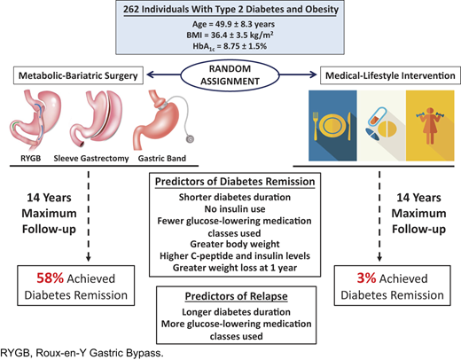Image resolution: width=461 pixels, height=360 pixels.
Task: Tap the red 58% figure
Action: click(x=50, y=278)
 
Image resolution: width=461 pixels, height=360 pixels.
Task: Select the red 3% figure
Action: click(x=366, y=278)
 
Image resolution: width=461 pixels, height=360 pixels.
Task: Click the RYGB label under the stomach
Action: click(x=31, y=159)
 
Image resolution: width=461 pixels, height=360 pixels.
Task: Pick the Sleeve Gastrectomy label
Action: click(x=91, y=159)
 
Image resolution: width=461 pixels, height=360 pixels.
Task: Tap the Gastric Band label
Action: click(x=162, y=159)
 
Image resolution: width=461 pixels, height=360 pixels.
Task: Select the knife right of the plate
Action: click(x=349, y=126)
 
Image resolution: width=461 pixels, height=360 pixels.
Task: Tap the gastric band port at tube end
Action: click(x=190, y=138)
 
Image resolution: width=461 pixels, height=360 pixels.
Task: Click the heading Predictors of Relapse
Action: click(x=236, y=296)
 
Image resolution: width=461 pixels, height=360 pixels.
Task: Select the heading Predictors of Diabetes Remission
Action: click(x=235, y=182)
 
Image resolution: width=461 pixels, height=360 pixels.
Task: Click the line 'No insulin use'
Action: click(x=235, y=209)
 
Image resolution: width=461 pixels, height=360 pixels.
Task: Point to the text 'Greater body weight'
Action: click(x=235, y=244)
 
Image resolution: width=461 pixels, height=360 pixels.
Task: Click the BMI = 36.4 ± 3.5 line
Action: click(x=230, y=35)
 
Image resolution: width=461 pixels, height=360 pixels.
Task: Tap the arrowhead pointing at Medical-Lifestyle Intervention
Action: click(x=313, y=74)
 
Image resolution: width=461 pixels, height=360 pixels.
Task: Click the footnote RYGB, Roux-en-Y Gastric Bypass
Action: click(x=82, y=353)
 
